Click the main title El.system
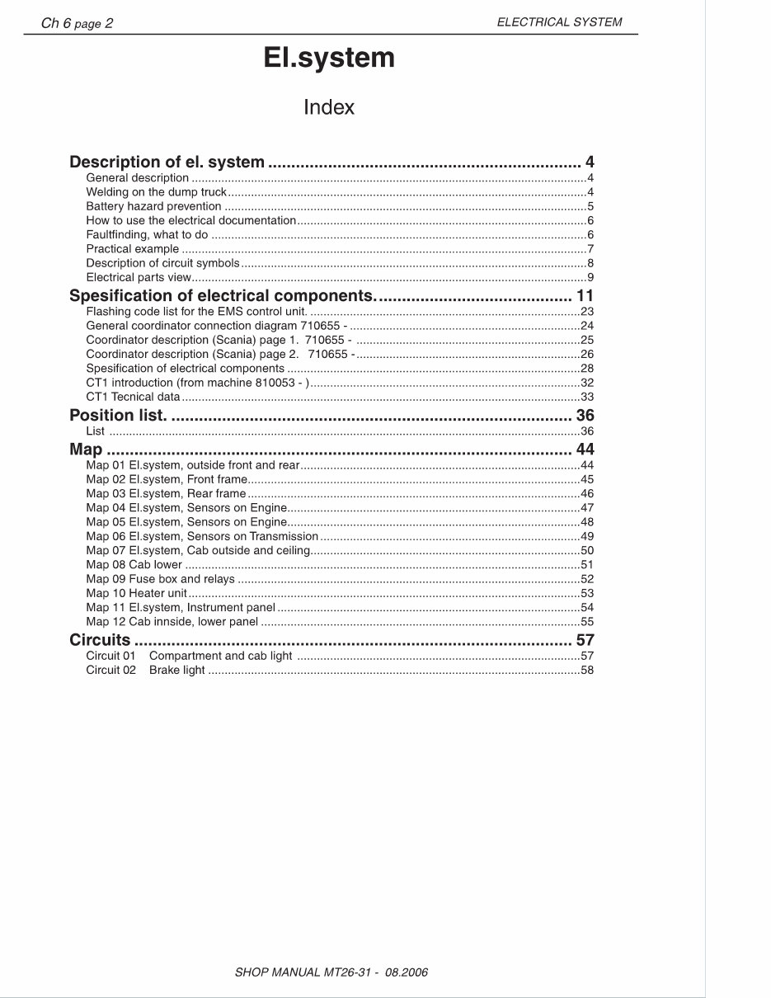[329, 59]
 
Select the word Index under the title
[329, 107]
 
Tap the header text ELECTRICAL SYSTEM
[559, 22]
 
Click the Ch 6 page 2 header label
[77, 23]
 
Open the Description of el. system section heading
[167, 162]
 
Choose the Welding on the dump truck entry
[156, 192]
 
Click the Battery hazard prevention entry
[153, 206]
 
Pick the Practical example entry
[132, 248]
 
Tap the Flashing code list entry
[196, 311]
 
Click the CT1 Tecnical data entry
[132, 396]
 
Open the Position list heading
[118, 415]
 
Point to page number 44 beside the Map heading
[585, 450]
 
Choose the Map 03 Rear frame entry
[166, 493]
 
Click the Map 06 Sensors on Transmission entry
[202, 536]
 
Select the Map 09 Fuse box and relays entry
[160, 579]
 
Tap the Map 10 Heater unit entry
[136, 593]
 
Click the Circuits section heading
[100, 640]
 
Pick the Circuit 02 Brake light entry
[145, 670]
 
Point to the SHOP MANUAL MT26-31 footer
[331, 972]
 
